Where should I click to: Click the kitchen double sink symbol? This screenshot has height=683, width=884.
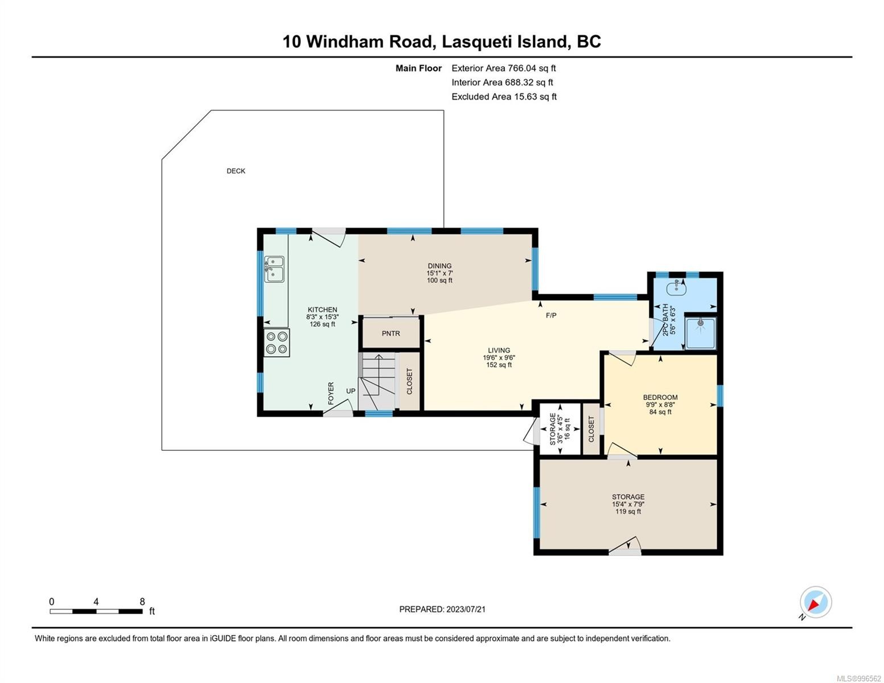click(274, 269)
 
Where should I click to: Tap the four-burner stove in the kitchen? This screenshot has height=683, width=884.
click(277, 343)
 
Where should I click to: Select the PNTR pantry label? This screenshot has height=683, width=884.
click(390, 334)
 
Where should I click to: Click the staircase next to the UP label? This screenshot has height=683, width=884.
click(377, 380)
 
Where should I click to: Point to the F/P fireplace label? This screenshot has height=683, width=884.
click(551, 315)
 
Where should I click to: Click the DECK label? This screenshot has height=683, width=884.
click(236, 171)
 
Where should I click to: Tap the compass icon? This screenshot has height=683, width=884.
click(815, 602)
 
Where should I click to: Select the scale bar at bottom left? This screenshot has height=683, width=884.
click(96, 611)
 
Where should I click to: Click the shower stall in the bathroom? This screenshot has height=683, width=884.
click(701, 332)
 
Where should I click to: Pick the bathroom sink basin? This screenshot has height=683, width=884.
click(677, 287)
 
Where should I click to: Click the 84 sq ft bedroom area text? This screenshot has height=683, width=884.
click(660, 412)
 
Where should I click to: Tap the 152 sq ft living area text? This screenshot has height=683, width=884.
click(499, 365)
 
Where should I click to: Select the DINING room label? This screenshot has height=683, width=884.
click(439, 266)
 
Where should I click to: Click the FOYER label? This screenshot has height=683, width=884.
click(331, 393)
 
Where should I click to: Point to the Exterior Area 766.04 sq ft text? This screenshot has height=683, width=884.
click(503, 68)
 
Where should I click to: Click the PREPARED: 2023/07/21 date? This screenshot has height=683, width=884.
click(442, 609)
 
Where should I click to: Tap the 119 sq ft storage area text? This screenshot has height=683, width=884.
click(628, 512)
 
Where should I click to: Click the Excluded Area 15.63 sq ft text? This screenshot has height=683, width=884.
click(504, 97)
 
